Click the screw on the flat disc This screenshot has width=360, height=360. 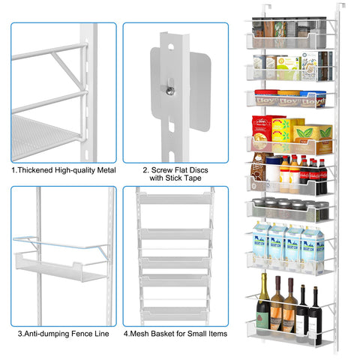coord(170,91)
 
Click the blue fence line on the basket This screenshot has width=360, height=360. coord(60,244)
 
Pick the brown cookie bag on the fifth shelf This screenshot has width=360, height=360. coord(259,169)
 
